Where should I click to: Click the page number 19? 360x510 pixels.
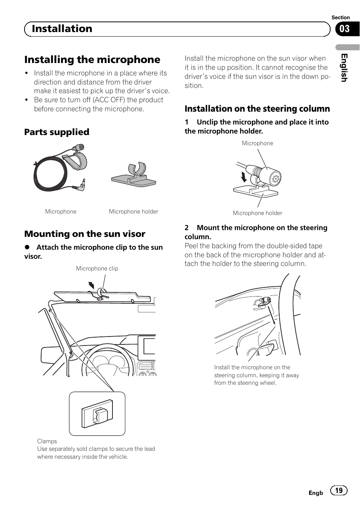point(339,490)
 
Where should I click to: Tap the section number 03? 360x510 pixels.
point(345,29)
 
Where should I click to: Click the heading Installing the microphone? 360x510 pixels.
point(92,60)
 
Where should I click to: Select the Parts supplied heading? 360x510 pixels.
point(57,132)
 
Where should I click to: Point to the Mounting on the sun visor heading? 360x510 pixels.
point(85,234)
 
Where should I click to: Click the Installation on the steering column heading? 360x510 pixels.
point(257,109)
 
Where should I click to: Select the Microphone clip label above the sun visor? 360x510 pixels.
point(97,269)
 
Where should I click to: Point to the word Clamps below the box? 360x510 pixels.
point(47,441)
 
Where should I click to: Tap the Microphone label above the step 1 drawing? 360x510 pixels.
point(257,143)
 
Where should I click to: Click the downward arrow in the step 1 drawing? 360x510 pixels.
point(244,177)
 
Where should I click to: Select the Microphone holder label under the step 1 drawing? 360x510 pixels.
point(257,213)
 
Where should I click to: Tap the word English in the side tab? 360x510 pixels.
point(344,68)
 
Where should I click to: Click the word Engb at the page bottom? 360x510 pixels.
point(316,493)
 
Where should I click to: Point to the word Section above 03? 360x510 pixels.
point(340,17)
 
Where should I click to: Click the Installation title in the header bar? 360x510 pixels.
point(62,29)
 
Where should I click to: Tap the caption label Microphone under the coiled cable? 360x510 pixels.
point(61,212)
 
